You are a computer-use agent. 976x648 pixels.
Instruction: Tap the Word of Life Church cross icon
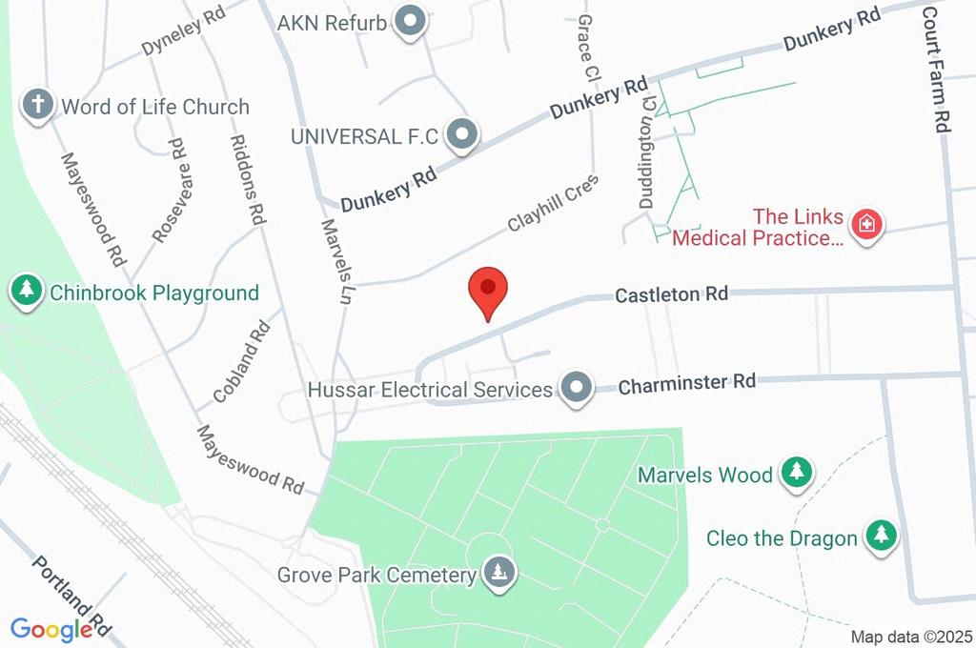[38, 106]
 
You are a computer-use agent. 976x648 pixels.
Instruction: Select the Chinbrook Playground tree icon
[27, 292]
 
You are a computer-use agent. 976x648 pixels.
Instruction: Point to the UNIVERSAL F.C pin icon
[462, 136]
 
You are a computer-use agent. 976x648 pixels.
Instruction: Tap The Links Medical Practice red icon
[867, 227]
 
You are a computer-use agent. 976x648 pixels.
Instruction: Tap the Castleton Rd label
[672, 294]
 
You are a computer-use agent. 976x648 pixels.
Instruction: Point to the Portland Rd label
[72, 597]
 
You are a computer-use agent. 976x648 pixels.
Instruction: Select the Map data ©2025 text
[910, 637]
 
